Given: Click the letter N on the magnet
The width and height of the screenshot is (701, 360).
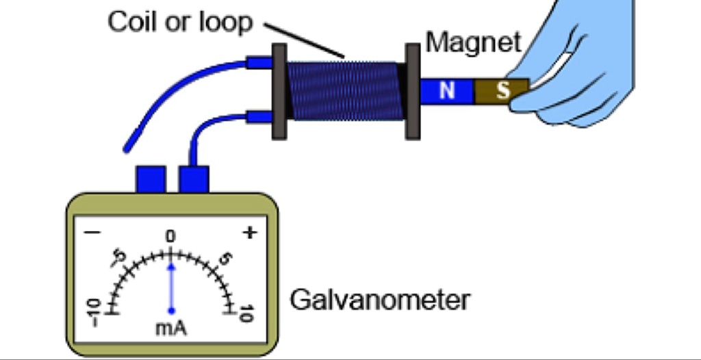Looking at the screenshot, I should point(446,91).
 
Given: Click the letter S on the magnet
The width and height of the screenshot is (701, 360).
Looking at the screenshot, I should point(503,91).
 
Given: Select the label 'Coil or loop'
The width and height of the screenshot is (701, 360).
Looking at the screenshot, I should point(180,22).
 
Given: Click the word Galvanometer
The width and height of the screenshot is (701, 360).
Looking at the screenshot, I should point(380,300).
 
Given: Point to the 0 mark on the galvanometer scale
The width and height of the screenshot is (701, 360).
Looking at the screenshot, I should point(170,236).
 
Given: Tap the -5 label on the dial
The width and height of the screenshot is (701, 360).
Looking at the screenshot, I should point(118,259).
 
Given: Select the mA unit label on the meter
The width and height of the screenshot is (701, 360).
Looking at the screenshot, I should point(171,328).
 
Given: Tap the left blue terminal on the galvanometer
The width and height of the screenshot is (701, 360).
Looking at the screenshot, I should point(151,179).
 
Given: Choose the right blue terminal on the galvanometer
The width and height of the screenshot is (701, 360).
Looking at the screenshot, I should point(194,179).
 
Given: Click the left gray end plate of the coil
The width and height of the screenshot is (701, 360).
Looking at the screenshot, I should point(279,91).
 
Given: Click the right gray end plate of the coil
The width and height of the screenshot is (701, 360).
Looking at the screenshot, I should point(412,91).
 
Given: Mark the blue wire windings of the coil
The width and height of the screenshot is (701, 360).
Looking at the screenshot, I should point(346,91).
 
